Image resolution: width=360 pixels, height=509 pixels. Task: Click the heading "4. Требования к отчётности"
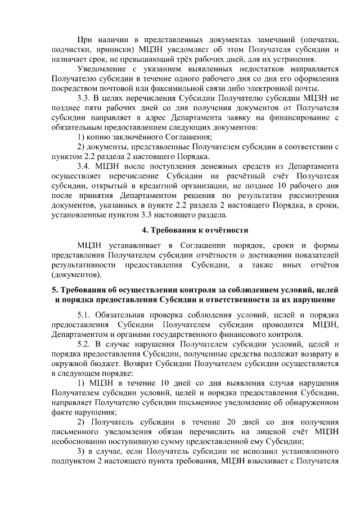coord(194,229)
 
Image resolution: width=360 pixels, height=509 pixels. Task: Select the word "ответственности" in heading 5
coord(252,299)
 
